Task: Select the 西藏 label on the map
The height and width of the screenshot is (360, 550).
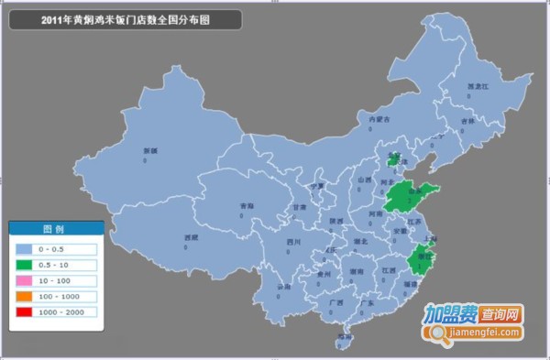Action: [191, 237]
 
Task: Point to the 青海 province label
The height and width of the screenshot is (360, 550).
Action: [245, 205]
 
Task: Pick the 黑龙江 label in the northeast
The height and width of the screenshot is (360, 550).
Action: [479, 86]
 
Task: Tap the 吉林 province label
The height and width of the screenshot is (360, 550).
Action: [467, 120]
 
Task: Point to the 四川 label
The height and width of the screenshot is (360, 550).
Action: [293, 242]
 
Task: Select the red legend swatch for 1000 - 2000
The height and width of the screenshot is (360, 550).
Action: [23, 313]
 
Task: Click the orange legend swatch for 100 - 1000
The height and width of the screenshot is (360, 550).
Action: [23, 297]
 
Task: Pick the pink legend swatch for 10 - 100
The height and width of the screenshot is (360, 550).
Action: [23, 280]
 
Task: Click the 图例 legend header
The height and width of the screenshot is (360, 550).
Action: [53, 229]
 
